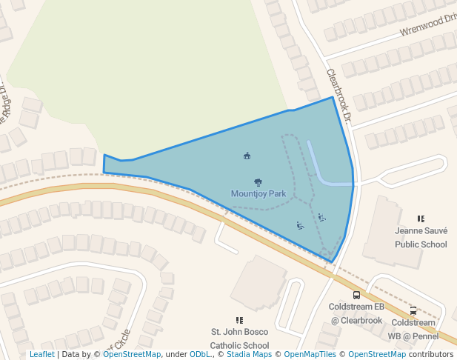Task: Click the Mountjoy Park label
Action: point(258,194)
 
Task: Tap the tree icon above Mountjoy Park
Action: point(258,181)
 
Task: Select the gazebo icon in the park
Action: point(247,156)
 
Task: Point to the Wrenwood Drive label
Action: point(429,25)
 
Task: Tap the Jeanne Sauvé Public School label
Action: point(421,237)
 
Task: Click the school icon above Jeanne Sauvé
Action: point(421,219)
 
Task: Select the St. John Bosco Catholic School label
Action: point(240,339)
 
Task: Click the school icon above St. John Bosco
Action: point(239,320)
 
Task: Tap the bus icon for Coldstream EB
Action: point(356,294)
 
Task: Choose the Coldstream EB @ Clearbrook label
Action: point(356,313)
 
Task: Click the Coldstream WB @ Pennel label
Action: point(413,329)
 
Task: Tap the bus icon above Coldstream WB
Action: point(413,310)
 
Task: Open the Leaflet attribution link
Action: point(41,355)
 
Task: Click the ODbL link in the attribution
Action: point(200,355)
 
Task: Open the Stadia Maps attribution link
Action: point(248,355)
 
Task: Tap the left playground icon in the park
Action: point(299,225)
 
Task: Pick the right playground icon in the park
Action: point(321,217)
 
